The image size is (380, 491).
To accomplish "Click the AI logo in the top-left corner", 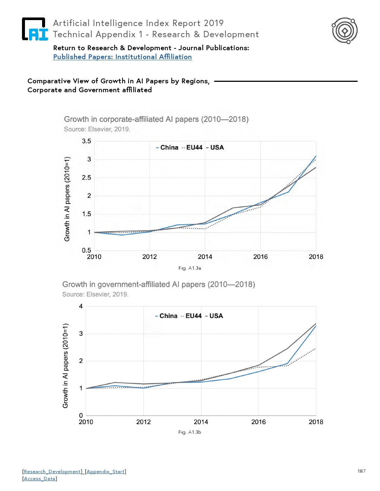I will coord(35,29).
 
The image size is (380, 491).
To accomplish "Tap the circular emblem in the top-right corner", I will coord(345,31).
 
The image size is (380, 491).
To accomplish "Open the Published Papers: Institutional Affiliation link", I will coord(122,57).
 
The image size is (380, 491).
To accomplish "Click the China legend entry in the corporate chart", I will coord(169,148).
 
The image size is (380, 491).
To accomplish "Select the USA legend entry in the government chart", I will coord(216,316).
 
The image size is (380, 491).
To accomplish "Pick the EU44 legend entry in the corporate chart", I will coord(194,148).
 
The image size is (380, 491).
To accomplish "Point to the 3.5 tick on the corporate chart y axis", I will coord(86,141).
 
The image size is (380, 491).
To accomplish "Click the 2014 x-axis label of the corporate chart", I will coord(205,257).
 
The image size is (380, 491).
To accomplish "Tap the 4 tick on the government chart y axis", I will coord(81,307).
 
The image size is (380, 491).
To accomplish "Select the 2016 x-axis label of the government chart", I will coord(259,422).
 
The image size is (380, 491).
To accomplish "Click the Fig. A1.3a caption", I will coord(190,268).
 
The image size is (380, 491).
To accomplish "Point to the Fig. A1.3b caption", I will coord(190,432).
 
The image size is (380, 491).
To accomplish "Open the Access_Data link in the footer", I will coord(39,479).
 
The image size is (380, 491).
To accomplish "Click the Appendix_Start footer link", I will coord(105,472).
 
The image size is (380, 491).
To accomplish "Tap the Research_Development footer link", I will coord(53,472).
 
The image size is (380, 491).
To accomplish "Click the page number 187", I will coord(361,471).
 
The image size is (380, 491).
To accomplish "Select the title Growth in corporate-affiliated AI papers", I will coord(156,119).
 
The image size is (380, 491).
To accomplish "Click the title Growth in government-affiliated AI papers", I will coord(158,285).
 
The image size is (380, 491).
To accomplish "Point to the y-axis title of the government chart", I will coord(66,366).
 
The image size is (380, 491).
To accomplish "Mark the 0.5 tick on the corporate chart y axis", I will coord(86,251).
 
